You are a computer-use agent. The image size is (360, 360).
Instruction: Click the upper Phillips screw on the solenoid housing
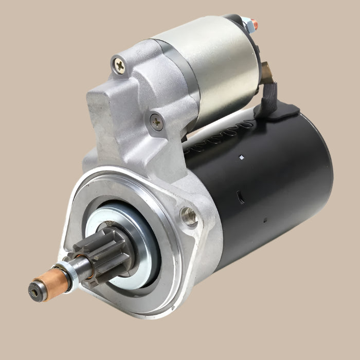(119, 64)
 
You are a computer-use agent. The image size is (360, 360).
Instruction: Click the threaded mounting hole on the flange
(189, 217)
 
